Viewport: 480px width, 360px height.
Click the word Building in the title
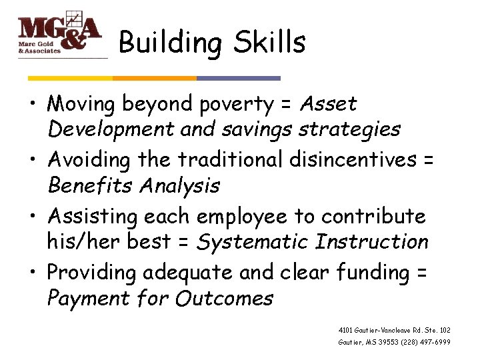[x=169, y=43]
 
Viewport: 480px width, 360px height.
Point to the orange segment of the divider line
[x=155, y=78]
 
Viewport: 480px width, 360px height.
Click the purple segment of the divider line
[x=238, y=78]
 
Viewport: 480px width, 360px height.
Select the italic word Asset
[x=328, y=104]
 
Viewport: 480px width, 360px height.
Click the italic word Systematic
[x=253, y=241]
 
